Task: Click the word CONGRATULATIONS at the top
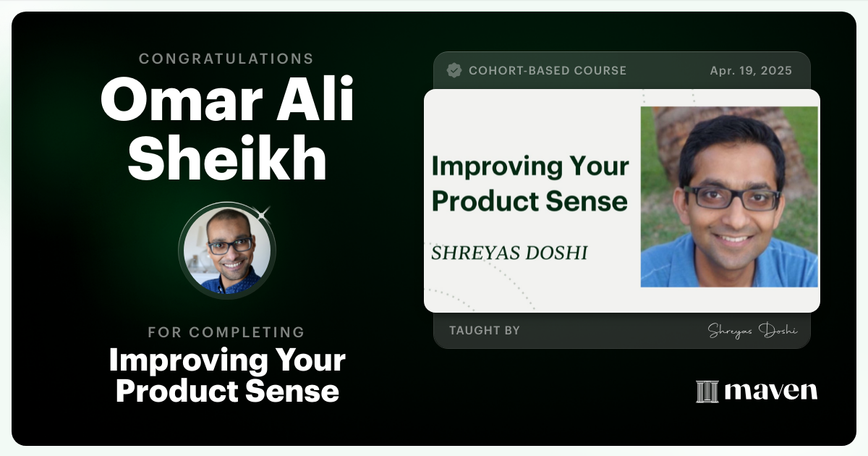226,59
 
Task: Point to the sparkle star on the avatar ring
263,213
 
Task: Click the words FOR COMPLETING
226,332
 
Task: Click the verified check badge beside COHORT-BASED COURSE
454,70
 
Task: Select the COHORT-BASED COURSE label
548,71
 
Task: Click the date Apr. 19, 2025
751,71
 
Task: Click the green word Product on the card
478,200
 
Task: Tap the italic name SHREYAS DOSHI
509,253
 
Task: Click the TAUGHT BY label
485,331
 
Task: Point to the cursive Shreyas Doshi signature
752,331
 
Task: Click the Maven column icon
707,391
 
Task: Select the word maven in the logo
771,391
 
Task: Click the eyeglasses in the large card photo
731,197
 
